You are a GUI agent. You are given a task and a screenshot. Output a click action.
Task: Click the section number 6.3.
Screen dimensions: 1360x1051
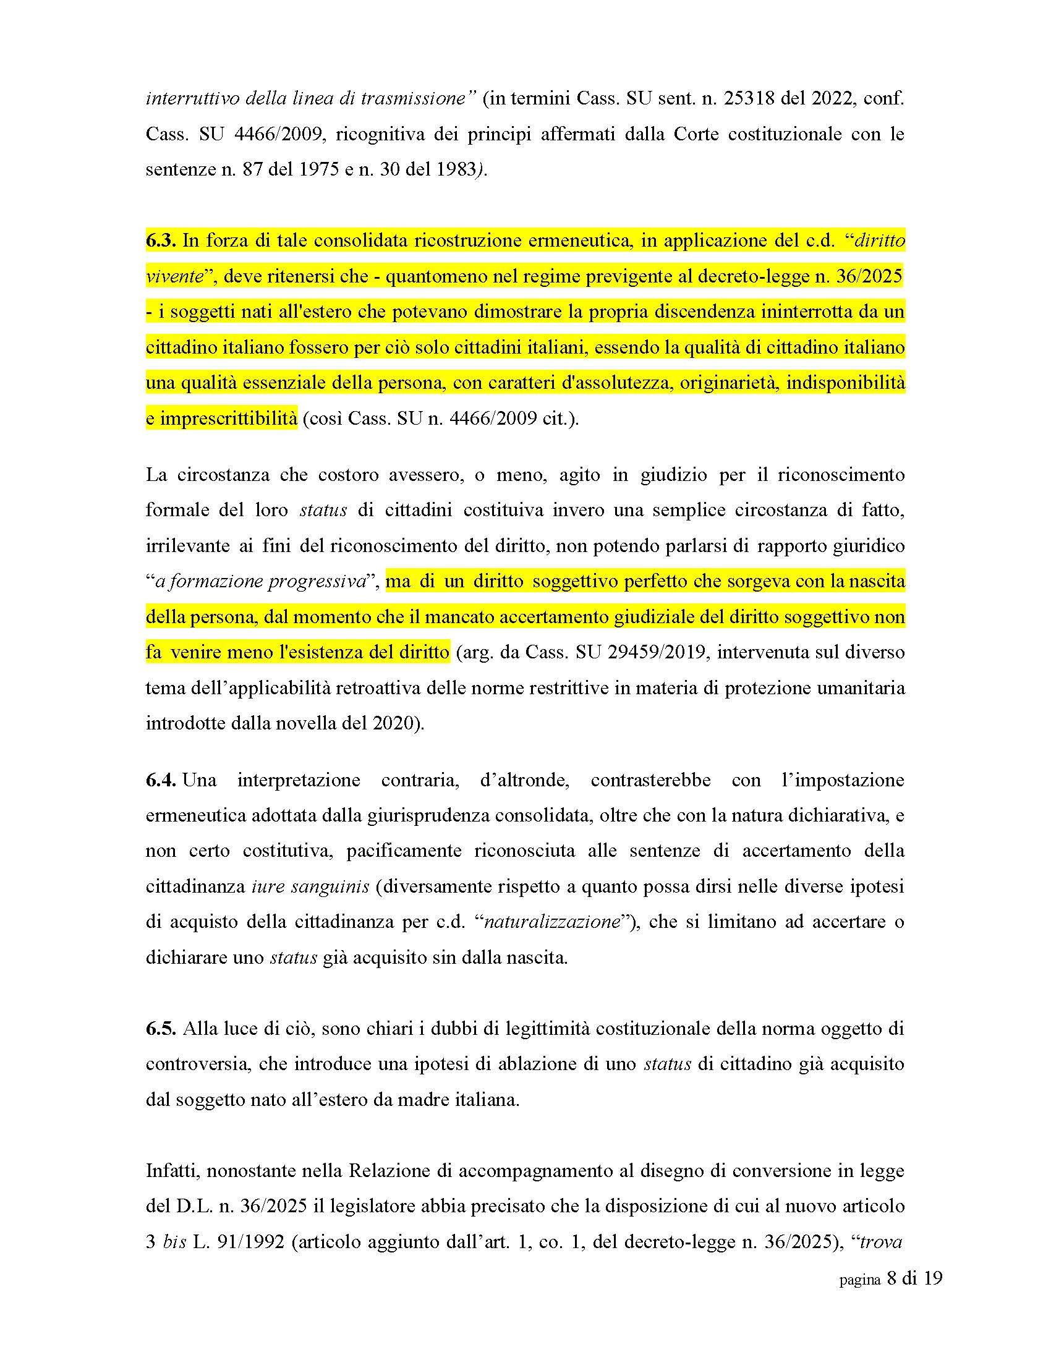point(161,241)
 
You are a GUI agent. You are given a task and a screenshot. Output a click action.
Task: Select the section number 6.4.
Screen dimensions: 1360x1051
point(161,780)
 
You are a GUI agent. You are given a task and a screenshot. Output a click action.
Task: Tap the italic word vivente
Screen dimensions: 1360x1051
point(174,276)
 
